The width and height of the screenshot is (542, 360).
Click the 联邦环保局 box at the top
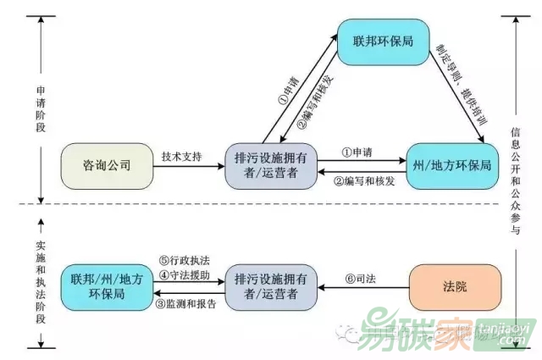click(385, 41)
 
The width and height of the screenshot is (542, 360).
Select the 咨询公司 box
click(108, 165)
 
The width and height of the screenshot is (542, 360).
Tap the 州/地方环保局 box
click(450, 165)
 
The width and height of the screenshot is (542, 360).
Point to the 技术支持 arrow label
click(182, 157)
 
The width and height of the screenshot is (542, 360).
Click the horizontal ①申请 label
click(359, 152)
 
